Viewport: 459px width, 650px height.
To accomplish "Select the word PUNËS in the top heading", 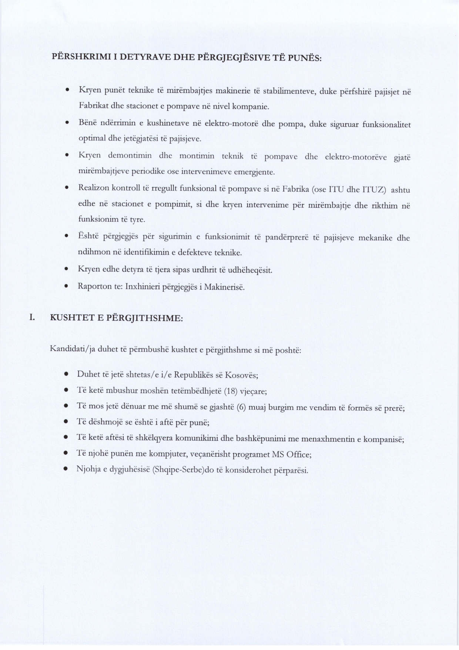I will (306, 58).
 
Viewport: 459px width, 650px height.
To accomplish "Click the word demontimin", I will (130, 156).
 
